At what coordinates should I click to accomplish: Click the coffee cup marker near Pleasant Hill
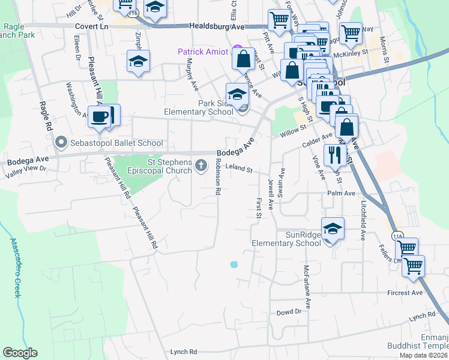(100, 116)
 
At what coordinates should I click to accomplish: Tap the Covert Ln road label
(91, 26)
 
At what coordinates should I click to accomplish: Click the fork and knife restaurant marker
(333, 155)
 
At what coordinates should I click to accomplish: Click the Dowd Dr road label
(289, 313)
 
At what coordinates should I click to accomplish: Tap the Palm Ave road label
(342, 193)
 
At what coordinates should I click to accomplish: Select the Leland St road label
(239, 170)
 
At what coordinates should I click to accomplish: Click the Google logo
(20, 352)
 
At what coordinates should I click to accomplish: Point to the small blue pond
(234, 264)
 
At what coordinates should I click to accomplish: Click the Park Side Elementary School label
(199, 107)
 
